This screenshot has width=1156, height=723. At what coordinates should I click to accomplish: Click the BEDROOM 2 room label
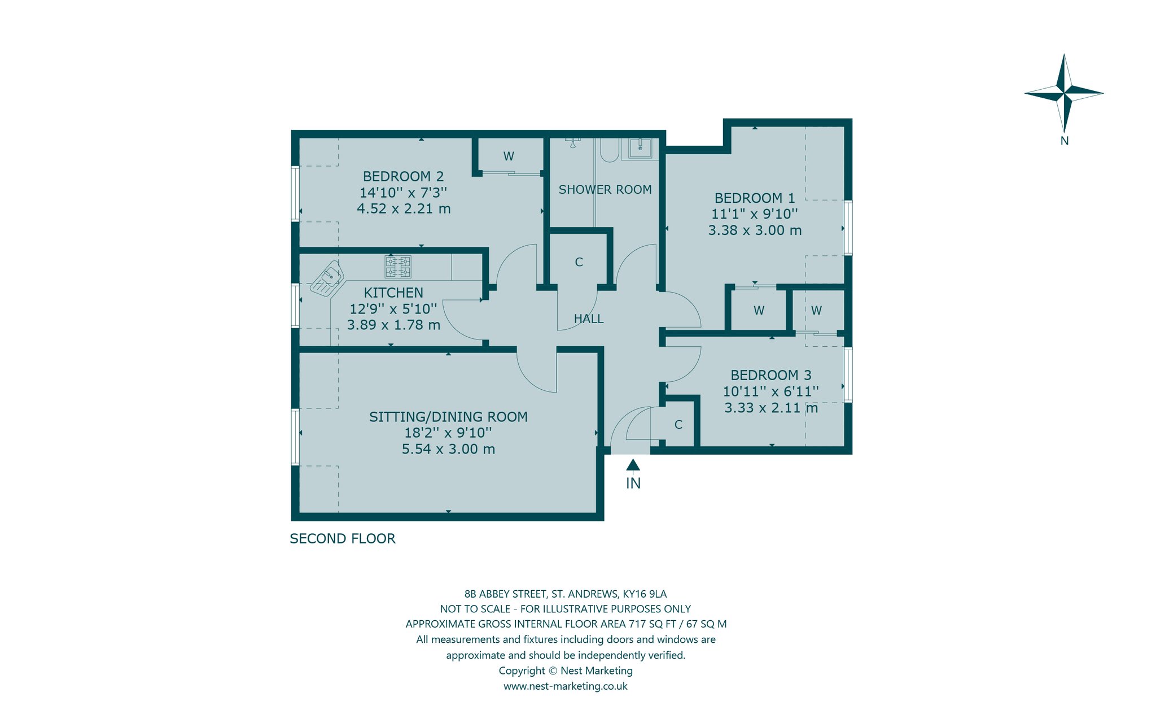403,177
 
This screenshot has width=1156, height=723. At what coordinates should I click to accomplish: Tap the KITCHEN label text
393,293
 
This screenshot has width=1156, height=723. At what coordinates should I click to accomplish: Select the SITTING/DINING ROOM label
448,417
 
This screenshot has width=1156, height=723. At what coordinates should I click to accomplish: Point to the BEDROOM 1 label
755,198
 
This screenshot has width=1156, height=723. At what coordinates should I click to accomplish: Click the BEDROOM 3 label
771,375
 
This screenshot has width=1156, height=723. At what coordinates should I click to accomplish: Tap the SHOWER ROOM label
605,190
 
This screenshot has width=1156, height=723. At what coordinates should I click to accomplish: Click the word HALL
589,319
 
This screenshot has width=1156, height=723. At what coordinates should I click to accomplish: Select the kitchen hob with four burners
398,267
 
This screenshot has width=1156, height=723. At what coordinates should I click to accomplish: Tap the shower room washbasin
640,149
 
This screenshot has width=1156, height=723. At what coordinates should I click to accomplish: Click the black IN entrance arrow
633,465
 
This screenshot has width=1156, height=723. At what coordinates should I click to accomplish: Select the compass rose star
1064,93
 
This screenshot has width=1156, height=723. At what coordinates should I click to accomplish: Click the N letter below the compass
1065,141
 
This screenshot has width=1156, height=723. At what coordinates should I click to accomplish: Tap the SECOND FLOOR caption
343,539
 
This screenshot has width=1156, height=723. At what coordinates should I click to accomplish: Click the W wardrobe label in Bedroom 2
509,156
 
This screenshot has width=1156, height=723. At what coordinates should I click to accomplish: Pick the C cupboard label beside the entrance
678,425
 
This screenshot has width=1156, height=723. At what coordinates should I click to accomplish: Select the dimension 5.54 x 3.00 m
448,449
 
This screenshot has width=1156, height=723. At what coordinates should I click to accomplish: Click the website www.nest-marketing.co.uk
566,686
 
